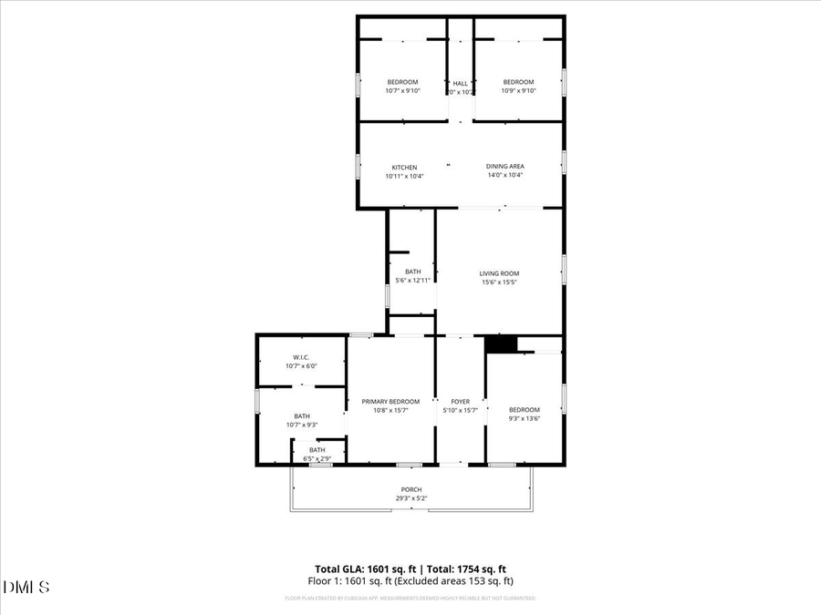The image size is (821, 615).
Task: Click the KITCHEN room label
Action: click(404, 168)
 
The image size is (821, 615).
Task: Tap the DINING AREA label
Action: click(504, 166)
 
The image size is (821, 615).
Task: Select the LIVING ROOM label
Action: click(499, 273)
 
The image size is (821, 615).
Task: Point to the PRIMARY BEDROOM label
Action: click(390, 402)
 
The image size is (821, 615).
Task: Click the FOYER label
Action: click(460, 402)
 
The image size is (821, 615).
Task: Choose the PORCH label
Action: click(411, 489)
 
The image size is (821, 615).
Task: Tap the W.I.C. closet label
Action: click(301, 357)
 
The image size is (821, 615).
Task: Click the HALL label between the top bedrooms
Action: click(460, 83)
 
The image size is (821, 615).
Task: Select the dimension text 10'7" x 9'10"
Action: click(402, 91)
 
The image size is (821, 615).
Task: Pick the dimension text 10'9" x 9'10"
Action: click(518, 91)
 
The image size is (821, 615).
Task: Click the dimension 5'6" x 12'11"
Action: click(412, 281)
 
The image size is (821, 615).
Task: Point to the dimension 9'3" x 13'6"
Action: click(524, 419)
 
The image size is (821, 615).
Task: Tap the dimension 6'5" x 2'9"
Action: click(317, 458)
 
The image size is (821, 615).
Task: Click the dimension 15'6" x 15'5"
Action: click(499, 282)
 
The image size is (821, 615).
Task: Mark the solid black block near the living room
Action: click(500, 343)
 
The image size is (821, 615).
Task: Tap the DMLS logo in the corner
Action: click(27, 585)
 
